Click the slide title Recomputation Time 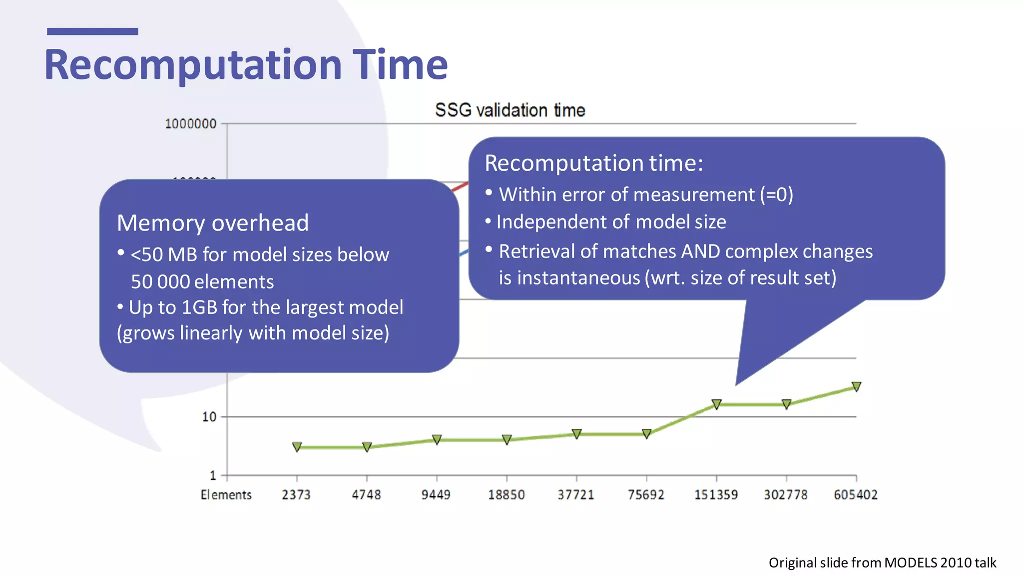(x=246, y=65)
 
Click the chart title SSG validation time (x=510, y=110)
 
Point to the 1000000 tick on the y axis (x=190, y=124)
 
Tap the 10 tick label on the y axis (x=209, y=417)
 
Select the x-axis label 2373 (x=296, y=495)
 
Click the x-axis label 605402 (x=855, y=495)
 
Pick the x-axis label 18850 (x=506, y=495)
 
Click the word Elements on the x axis (x=226, y=495)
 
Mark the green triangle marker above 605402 (x=856, y=386)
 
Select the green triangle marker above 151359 (x=716, y=404)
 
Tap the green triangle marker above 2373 (x=297, y=447)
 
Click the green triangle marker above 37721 (x=576, y=433)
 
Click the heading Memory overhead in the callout (x=212, y=223)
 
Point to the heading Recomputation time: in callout (x=593, y=163)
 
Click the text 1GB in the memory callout (x=199, y=307)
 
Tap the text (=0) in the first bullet (x=776, y=195)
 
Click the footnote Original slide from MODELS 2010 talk (x=882, y=563)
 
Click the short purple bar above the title (x=92, y=31)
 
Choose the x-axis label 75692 (x=646, y=495)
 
